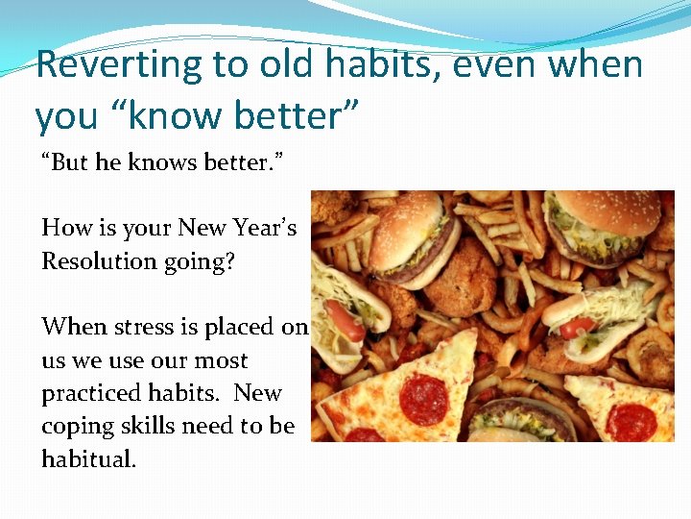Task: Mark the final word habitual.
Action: click(x=88, y=459)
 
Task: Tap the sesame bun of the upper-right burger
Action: click(x=602, y=208)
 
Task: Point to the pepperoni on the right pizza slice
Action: click(x=631, y=419)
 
